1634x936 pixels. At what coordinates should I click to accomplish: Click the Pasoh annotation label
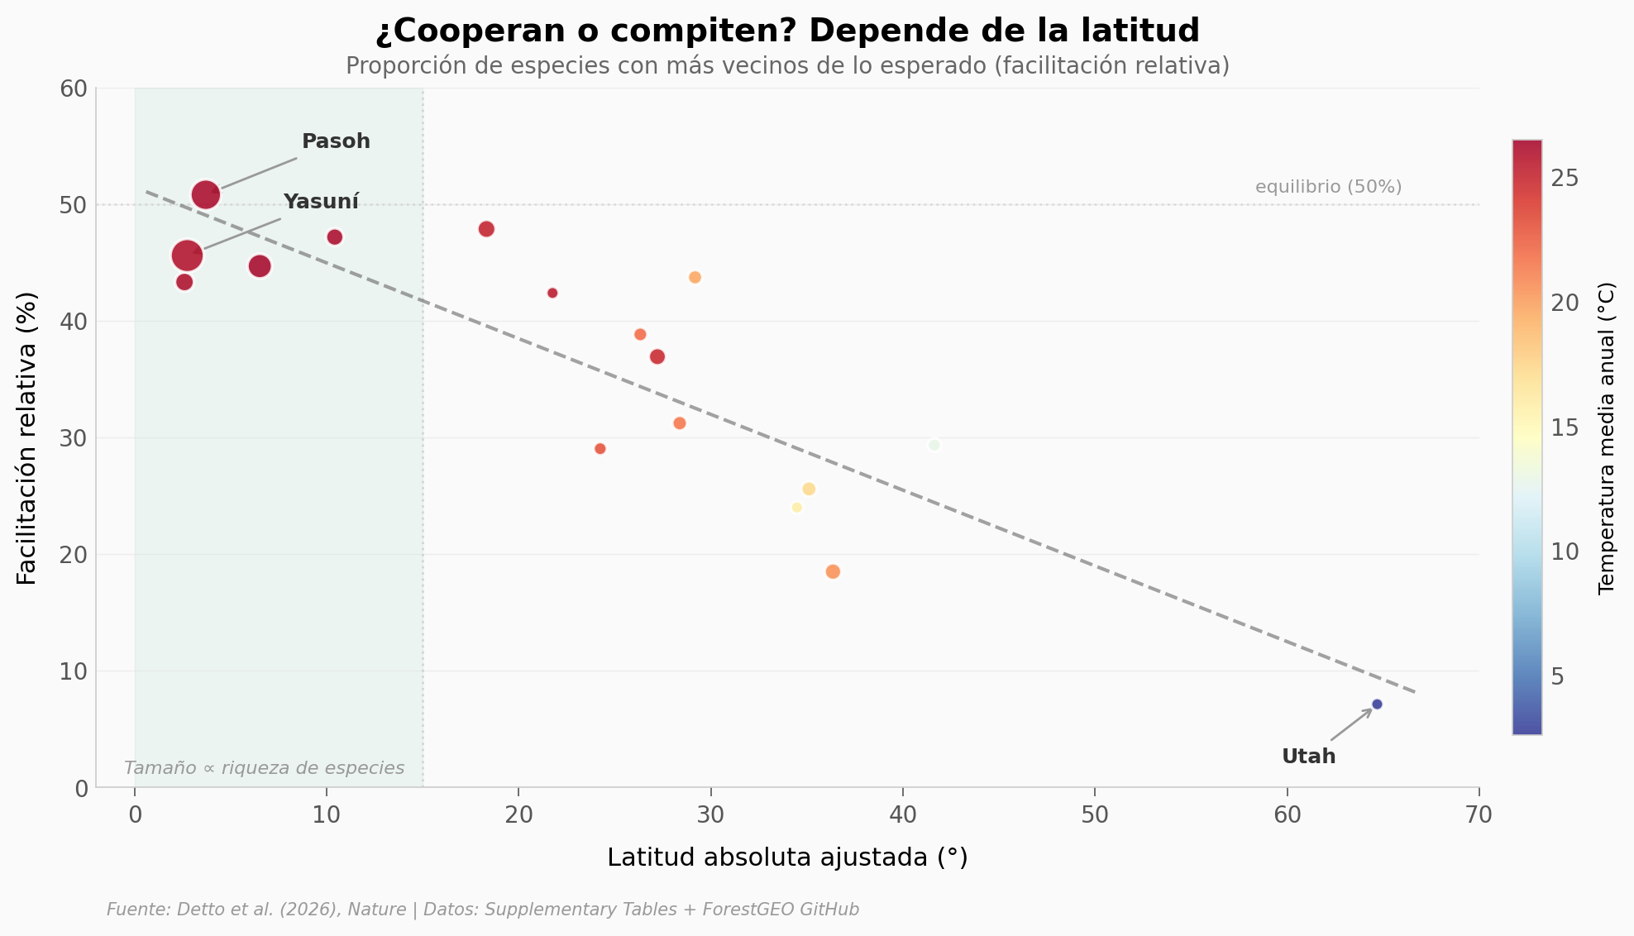pos(336,141)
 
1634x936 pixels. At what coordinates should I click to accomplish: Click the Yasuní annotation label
pos(321,202)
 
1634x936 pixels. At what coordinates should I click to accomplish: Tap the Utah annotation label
pos(1308,757)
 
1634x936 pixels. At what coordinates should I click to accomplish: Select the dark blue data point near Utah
pos(1377,704)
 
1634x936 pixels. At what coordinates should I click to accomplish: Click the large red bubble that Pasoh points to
pos(205,194)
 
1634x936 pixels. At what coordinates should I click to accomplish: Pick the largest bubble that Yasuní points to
pos(187,255)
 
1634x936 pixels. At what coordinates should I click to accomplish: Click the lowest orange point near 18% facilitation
pos(833,571)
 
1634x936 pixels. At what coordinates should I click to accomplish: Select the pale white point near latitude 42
pos(934,445)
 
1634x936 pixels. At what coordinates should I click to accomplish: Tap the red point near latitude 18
pos(486,229)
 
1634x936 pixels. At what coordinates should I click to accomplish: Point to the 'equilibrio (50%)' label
pos(1328,187)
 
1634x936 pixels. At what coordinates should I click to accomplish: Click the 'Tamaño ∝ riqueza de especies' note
pos(264,768)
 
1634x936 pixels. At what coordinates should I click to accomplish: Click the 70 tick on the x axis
pos(1479,815)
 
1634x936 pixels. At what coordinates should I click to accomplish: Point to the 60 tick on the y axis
pos(74,88)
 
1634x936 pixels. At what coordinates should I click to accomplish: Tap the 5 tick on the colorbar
pos(1558,677)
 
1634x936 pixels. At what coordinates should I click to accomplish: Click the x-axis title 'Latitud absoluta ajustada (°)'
pos(787,857)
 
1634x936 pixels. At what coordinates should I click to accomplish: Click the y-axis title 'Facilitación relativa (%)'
pos(27,438)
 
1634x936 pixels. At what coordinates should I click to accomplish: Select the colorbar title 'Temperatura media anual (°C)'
pos(1606,438)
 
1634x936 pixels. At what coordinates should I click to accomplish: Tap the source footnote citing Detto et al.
pos(483,910)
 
